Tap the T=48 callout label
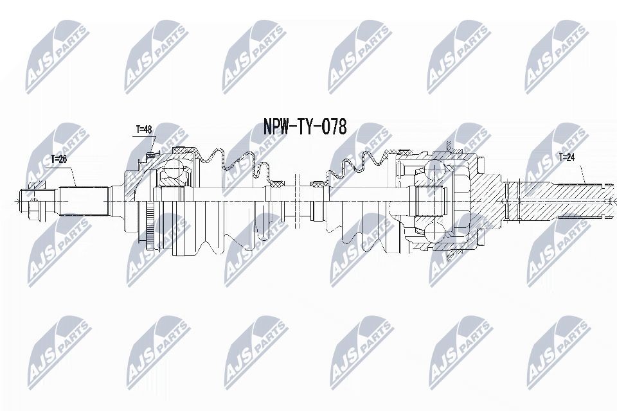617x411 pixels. coord(143,130)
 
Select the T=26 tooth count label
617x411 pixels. coord(59,158)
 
